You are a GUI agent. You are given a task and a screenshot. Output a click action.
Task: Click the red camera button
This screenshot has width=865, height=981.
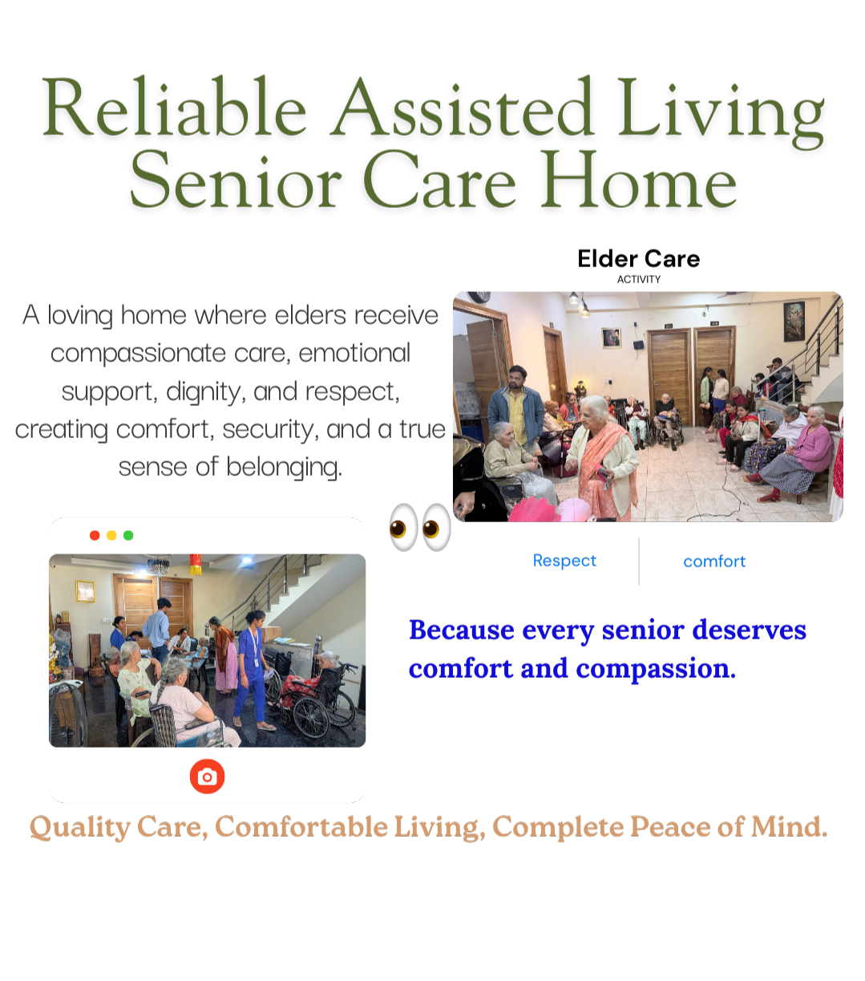[x=207, y=776]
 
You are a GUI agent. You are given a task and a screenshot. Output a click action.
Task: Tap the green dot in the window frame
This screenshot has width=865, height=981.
[x=128, y=535]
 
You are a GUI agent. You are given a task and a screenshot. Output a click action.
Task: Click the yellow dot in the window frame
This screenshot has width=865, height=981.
[x=111, y=535]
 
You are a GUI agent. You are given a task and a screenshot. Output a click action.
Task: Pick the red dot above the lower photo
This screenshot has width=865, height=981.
[x=95, y=535]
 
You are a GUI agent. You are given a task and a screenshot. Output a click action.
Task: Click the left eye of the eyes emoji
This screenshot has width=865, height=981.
[x=403, y=527]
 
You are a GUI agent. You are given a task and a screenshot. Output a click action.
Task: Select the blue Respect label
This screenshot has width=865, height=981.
[x=564, y=561]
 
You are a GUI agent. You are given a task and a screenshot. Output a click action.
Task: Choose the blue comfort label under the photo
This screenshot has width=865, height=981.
[x=714, y=561]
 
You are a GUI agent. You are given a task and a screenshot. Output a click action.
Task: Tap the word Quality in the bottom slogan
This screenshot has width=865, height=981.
[x=79, y=826]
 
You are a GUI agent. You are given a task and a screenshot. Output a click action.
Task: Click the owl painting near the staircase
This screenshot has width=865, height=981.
[x=794, y=320]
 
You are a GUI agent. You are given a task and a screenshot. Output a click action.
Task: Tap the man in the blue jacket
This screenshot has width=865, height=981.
[x=516, y=405]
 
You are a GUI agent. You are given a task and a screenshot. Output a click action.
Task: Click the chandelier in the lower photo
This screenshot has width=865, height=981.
[x=158, y=565]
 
